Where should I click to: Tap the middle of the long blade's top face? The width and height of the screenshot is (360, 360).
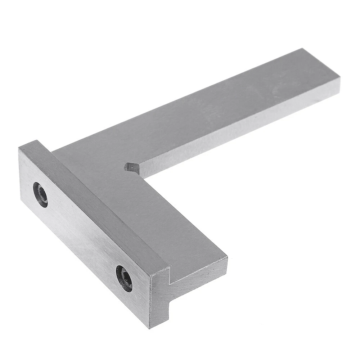[216, 104]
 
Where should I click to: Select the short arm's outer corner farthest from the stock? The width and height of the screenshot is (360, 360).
[227, 258]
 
